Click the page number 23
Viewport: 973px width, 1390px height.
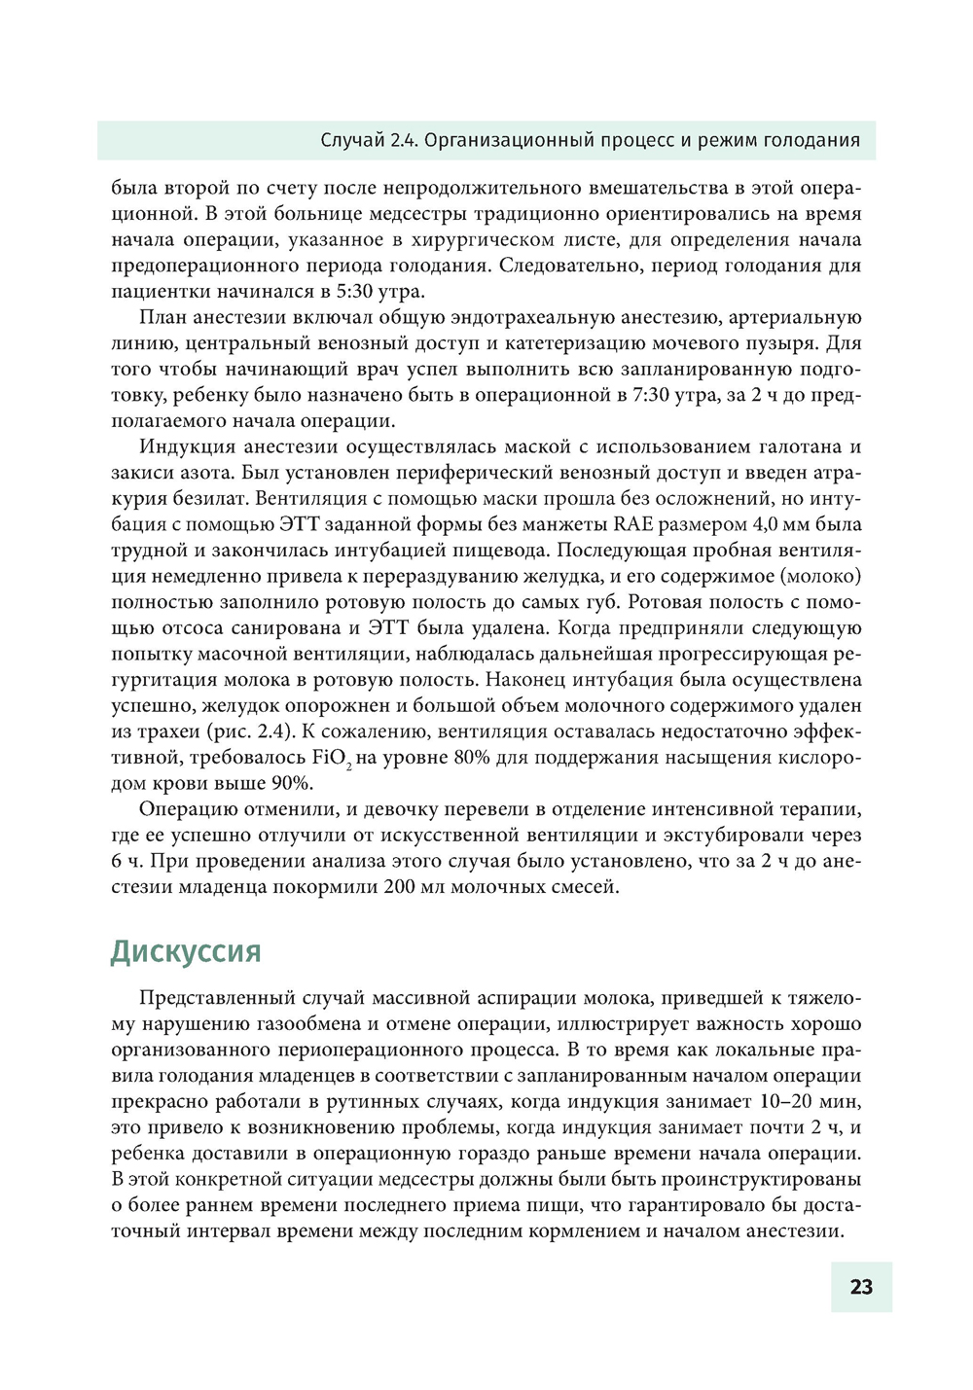click(861, 1287)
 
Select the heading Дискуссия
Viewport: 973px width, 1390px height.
click(186, 950)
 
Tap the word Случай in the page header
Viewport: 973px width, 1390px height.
click(352, 140)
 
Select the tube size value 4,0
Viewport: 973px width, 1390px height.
click(762, 524)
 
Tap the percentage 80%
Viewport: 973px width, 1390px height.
click(472, 757)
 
